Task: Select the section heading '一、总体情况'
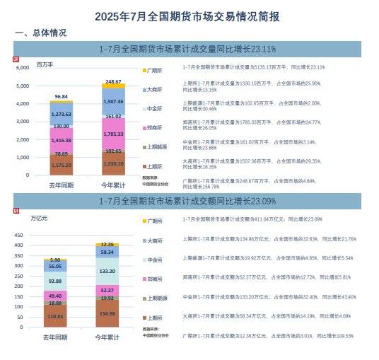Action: point(41,33)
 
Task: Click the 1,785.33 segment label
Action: point(114,133)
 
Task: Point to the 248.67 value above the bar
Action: point(114,81)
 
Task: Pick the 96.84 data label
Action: point(62,96)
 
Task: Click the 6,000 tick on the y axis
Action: point(22,68)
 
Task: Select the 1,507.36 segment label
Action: point(114,101)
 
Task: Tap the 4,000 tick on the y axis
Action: point(22,103)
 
